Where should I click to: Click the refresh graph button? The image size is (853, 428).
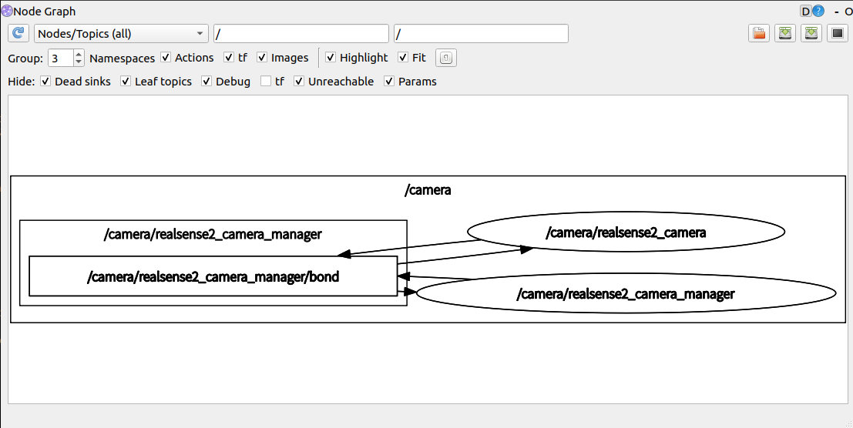(x=18, y=34)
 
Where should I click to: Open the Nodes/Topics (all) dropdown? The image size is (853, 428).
(x=121, y=34)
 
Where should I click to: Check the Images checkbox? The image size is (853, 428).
(x=262, y=58)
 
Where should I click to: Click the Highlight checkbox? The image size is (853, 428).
(x=331, y=58)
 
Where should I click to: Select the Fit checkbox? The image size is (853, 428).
(x=403, y=58)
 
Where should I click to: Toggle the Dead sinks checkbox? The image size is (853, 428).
(x=45, y=82)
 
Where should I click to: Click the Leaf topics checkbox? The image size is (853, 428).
(x=126, y=82)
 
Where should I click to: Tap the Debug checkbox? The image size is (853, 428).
(x=207, y=82)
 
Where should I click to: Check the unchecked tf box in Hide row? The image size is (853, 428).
(x=266, y=82)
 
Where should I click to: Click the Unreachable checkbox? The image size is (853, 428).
(x=299, y=82)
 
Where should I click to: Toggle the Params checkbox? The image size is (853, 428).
(x=389, y=82)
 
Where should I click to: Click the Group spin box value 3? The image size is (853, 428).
(x=60, y=58)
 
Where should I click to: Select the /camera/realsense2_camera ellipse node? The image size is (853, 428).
(x=625, y=232)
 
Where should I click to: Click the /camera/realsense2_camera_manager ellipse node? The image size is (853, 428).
(x=626, y=294)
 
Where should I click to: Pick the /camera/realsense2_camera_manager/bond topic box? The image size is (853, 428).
(x=213, y=276)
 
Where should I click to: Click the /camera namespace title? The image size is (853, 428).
(x=428, y=190)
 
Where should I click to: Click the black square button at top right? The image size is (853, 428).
(x=838, y=34)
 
